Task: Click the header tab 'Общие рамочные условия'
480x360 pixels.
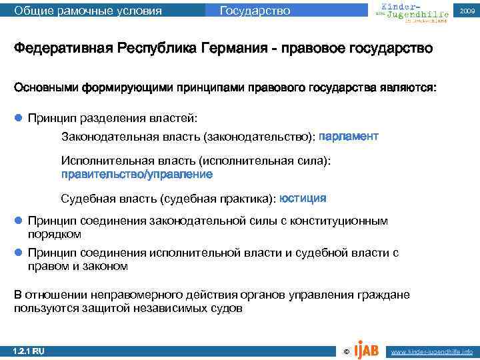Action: (x=88, y=11)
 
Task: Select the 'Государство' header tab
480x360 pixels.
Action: (x=255, y=11)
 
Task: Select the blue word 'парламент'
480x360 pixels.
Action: (x=349, y=136)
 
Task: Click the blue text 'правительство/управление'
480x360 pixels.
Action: (x=137, y=174)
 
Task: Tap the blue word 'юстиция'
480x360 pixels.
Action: (x=303, y=198)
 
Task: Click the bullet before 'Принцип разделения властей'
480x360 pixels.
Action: (x=19, y=118)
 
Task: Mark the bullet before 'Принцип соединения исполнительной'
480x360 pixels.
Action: (x=19, y=253)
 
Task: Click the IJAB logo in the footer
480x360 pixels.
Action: (x=366, y=349)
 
